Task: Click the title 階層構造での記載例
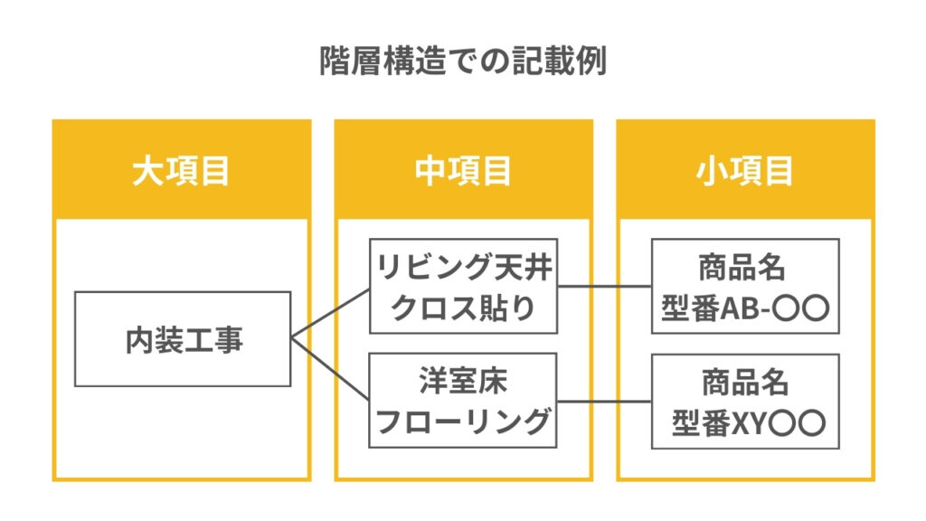(x=462, y=61)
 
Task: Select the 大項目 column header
(x=181, y=170)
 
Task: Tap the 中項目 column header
(x=463, y=170)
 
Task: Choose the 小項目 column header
(x=745, y=170)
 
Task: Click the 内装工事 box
(x=183, y=339)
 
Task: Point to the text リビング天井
(x=463, y=268)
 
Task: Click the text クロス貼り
(x=463, y=308)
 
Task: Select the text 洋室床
(x=463, y=381)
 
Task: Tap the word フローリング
(x=463, y=422)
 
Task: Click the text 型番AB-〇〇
(x=745, y=308)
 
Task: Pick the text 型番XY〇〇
(x=745, y=422)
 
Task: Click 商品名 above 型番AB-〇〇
(x=745, y=269)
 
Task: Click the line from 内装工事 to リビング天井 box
(x=330, y=314)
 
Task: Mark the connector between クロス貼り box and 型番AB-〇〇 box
(x=604, y=287)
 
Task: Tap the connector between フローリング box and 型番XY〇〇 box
(x=604, y=401)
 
